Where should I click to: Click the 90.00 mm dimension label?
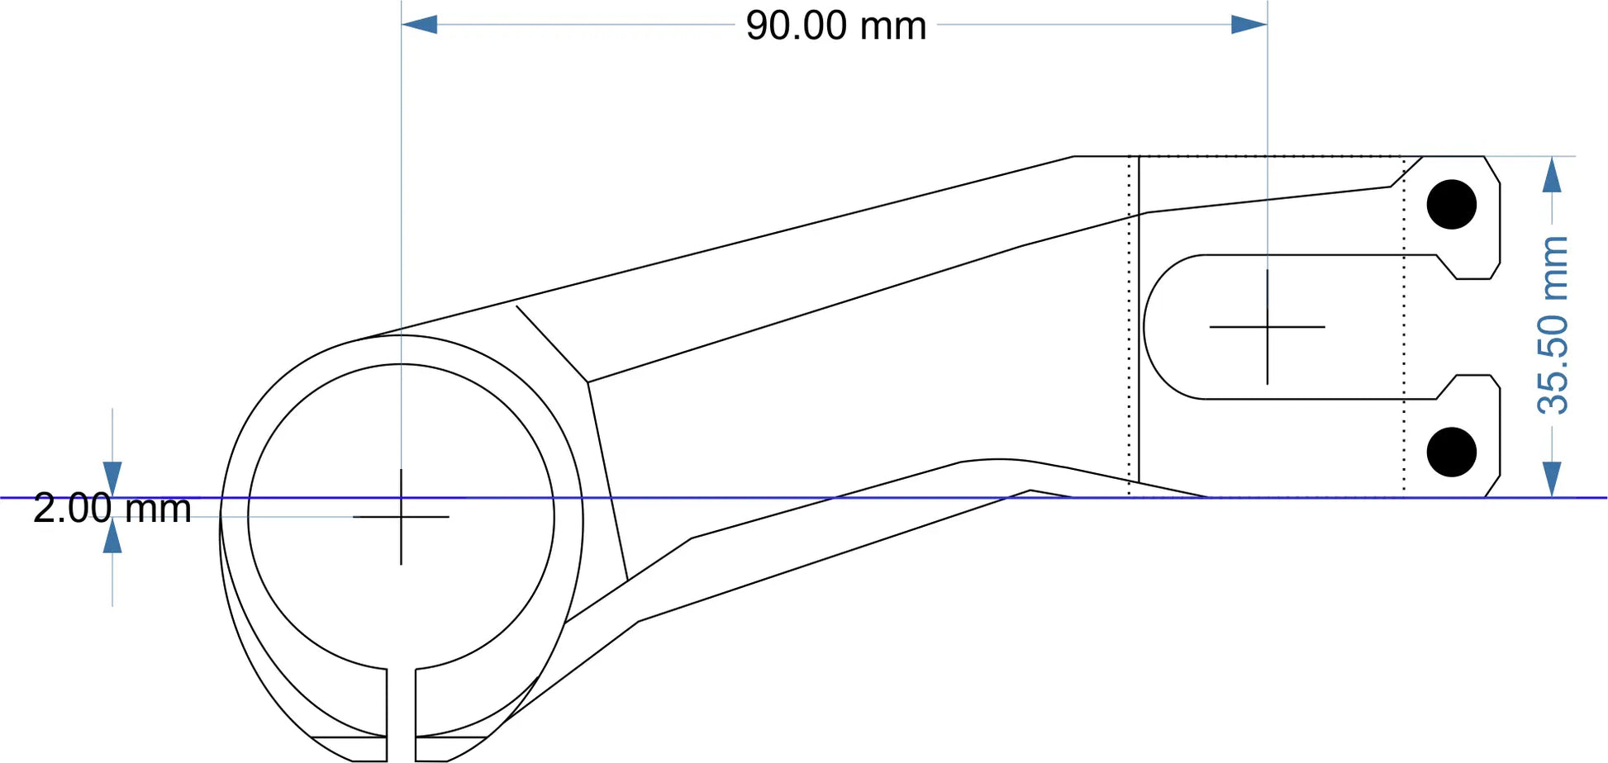click(x=835, y=26)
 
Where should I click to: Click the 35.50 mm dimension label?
click(x=1553, y=325)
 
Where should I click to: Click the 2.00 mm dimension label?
click(x=112, y=509)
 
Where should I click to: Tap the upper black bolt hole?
click(x=1451, y=204)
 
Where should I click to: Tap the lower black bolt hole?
click(x=1451, y=452)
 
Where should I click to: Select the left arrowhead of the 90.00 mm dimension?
click(x=419, y=25)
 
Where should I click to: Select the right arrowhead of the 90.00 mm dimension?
click(x=1249, y=25)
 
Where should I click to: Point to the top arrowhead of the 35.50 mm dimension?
click(x=1552, y=175)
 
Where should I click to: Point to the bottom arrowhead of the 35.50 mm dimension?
click(x=1552, y=479)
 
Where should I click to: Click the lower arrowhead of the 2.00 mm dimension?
click(x=112, y=536)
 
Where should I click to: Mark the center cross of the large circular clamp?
click(x=401, y=517)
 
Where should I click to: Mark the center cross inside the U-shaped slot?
click(x=1267, y=327)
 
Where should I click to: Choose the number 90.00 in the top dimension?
click(x=797, y=26)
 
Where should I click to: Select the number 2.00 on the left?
click(x=72, y=509)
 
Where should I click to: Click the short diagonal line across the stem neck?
click(x=551, y=344)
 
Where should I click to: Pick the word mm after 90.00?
click(x=893, y=26)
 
